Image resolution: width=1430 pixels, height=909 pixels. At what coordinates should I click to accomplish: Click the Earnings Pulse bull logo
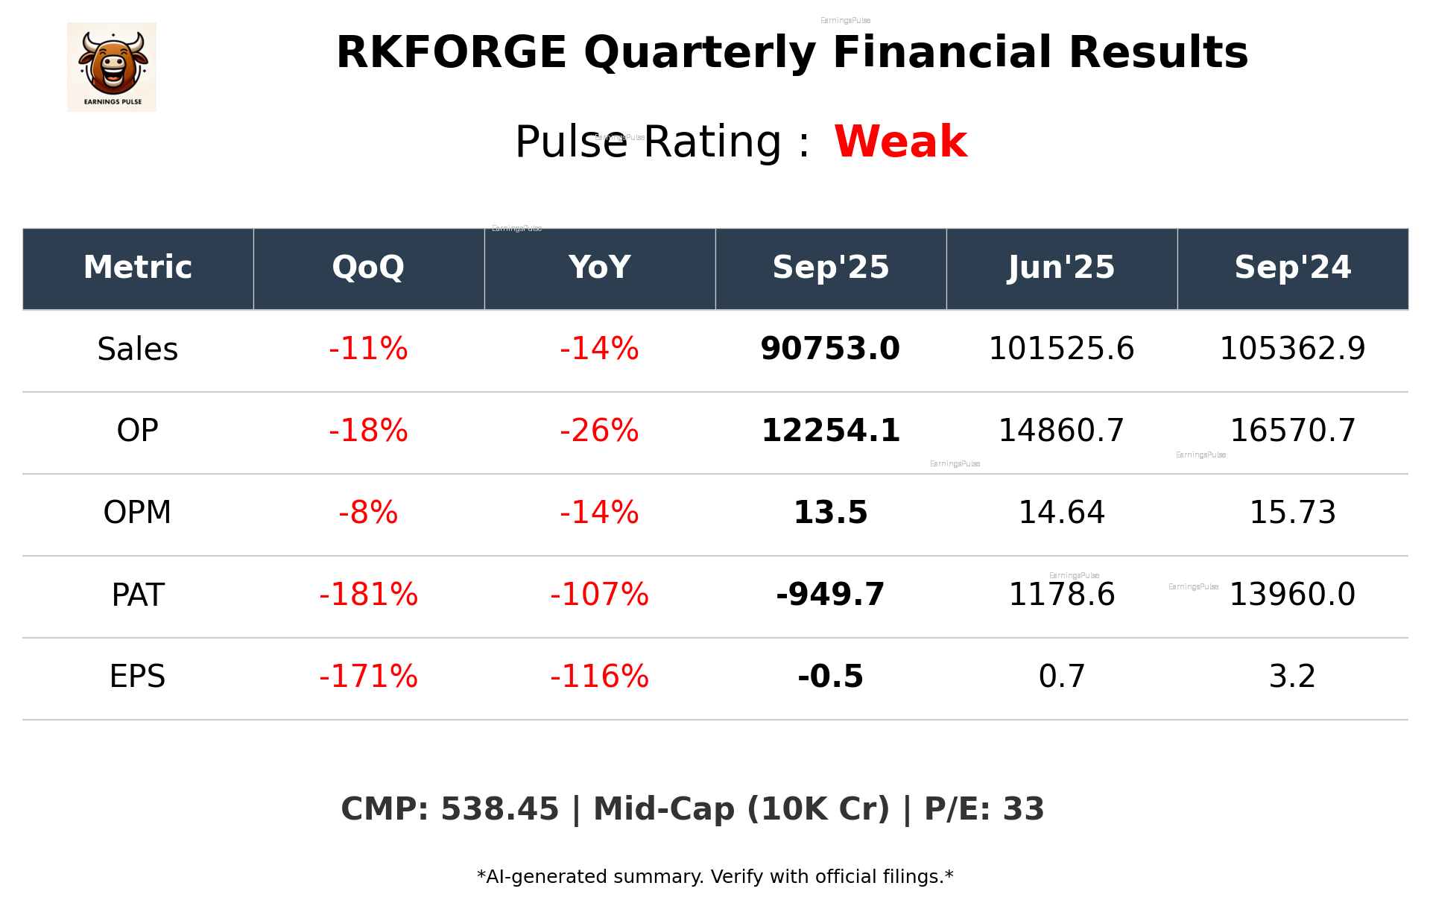click(x=112, y=66)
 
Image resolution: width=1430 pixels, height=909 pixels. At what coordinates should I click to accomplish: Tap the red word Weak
click(x=900, y=142)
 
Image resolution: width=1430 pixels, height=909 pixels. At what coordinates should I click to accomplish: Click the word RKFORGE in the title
click(x=452, y=53)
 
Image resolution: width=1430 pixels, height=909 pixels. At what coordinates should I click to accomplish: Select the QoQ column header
click(x=368, y=267)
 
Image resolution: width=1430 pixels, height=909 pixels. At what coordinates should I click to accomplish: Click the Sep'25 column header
click(x=830, y=267)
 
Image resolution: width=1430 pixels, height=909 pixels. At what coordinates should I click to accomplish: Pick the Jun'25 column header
click(x=1061, y=267)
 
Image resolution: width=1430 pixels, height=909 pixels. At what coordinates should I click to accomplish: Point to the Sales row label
click(x=138, y=349)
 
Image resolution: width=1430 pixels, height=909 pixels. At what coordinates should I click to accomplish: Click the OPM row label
click(x=138, y=513)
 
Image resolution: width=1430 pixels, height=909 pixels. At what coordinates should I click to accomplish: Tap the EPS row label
click(x=138, y=677)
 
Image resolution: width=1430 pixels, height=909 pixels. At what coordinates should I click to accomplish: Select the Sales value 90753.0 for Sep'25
click(x=830, y=349)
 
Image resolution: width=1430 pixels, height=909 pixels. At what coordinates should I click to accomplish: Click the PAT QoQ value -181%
click(x=368, y=595)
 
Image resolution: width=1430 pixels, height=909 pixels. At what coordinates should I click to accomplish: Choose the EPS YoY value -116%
click(x=599, y=677)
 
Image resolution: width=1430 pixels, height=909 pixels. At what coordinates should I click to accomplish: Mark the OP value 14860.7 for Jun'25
click(x=1061, y=431)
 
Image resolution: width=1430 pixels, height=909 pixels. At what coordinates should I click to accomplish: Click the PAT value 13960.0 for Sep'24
click(x=1292, y=595)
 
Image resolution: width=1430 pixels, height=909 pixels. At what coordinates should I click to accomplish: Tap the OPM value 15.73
click(x=1292, y=513)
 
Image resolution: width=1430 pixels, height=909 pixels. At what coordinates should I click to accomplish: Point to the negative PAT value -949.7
click(x=830, y=595)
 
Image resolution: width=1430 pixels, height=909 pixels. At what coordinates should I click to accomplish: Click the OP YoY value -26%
click(x=599, y=431)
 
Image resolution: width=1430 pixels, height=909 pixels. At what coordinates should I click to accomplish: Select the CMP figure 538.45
click(x=499, y=809)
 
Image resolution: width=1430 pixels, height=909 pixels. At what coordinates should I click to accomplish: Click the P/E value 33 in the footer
click(x=1023, y=809)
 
